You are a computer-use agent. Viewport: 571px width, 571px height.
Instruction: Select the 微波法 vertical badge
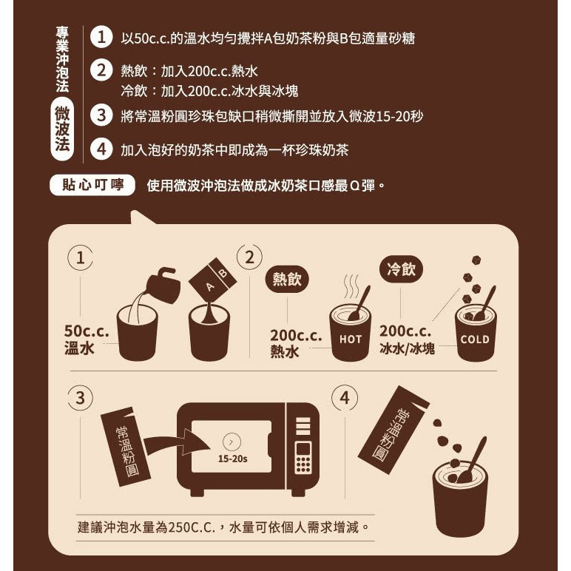point(63,131)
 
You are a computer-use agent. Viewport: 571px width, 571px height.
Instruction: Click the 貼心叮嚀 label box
point(92,184)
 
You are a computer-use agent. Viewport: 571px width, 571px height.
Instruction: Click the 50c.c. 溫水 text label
point(87,339)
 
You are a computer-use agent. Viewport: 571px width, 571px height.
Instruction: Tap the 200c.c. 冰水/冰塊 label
point(408,339)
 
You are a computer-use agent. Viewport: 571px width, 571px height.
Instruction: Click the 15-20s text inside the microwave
point(232,459)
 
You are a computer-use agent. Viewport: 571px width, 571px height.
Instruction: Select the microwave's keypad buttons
point(303,459)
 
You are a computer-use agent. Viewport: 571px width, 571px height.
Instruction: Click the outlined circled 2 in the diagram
point(250,257)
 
